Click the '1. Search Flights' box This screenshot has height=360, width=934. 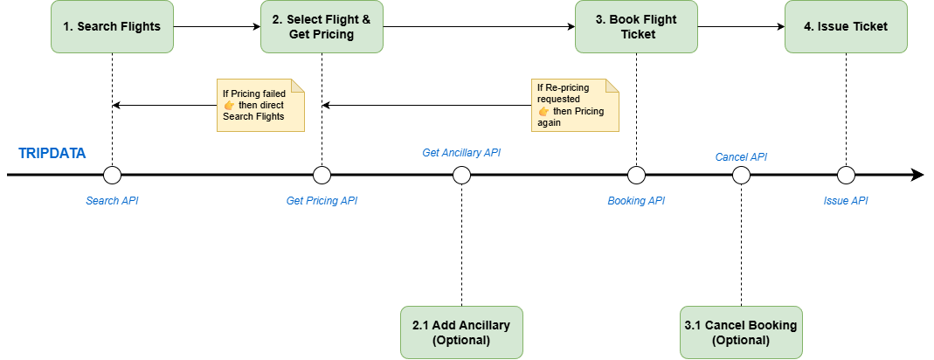112,26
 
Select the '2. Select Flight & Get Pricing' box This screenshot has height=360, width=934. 322,26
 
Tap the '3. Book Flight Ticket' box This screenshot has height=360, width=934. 636,26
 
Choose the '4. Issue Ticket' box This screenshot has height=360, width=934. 846,26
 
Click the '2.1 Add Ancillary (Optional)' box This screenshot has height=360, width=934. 461,332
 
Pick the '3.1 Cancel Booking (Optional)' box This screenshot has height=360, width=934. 741,332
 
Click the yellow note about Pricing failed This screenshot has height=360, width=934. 260,105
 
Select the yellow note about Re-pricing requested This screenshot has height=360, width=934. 575,105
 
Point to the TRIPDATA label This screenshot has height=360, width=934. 52,154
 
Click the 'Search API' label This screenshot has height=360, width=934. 112,201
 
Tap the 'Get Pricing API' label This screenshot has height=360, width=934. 322,201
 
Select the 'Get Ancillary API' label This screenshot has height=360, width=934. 461,153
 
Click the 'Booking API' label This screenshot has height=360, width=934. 636,201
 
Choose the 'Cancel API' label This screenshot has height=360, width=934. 741,157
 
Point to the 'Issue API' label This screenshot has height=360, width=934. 846,201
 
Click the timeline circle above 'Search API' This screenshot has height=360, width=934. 112,176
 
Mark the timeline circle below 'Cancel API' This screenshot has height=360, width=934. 741,176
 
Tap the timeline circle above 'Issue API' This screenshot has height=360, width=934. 846,176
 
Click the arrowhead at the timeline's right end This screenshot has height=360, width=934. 917,176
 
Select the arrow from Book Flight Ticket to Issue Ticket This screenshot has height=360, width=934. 741,26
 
